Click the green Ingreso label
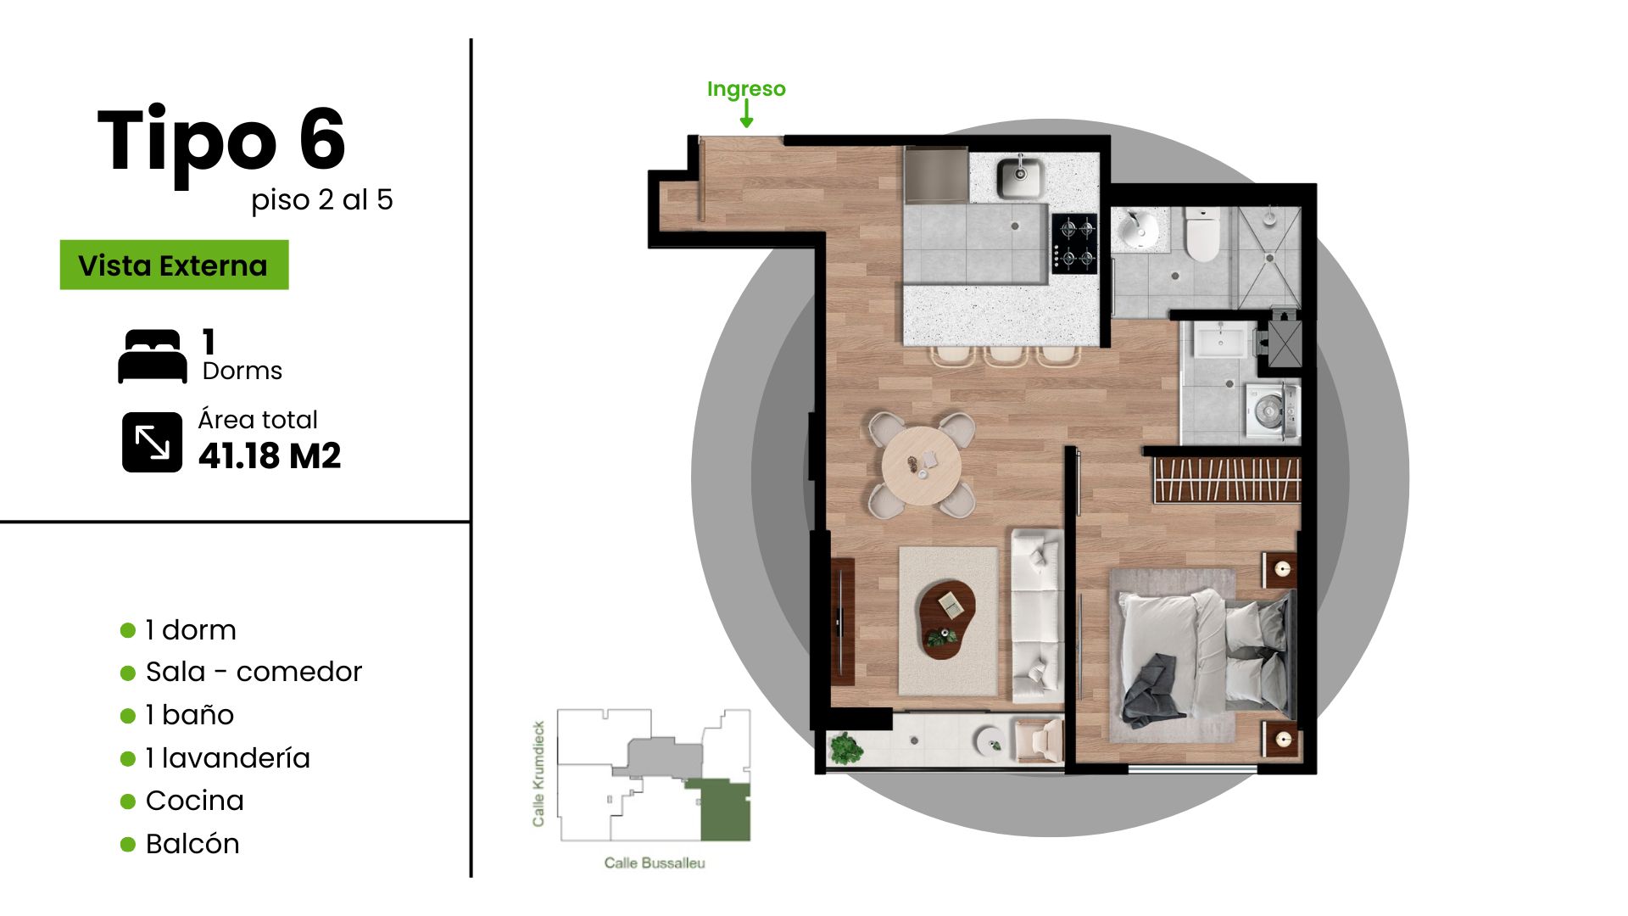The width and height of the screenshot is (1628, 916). pos(746,89)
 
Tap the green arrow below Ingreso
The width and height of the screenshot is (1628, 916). pos(746,114)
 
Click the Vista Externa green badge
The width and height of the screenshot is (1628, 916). pos(174,265)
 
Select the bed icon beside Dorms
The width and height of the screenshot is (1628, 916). pos(153,356)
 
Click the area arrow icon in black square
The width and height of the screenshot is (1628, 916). pos(153,442)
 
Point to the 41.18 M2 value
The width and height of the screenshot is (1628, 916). pos(270,456)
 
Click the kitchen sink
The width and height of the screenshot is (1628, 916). pos(1020,177)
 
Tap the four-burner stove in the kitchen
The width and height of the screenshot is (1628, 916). pos(1074,243)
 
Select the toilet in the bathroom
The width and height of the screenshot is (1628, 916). pos(1201,234)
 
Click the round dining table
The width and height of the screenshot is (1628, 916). pos(922,466)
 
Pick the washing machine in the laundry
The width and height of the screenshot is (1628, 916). pos(1269,411)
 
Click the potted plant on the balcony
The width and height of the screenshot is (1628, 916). pos(845,748)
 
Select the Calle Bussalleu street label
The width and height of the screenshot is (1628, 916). pos(655,863)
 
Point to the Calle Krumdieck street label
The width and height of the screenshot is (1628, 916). pos(538,774)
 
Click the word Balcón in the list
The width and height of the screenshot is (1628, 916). pos(192,843)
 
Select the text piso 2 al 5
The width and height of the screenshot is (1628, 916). pos(322,200)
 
